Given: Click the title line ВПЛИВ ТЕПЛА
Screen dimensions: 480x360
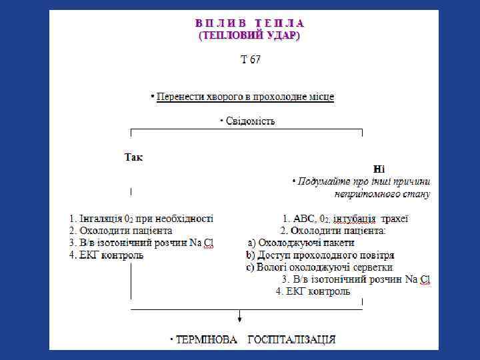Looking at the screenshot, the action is pyautogui.click(x=249, y=23).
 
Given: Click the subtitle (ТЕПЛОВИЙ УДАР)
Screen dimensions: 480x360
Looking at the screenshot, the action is pyautogui.click(x=249, y=35).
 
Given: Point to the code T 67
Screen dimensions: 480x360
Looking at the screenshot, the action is pyautogui.click(x=251, y=60).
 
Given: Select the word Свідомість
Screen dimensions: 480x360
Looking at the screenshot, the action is pyautogui.click(x=250, y=121).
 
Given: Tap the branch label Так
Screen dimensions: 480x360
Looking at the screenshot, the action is pyautogui.click(x=133, y=158).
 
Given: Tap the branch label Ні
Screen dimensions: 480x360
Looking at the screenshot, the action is pyautogui.click(x=379, y=169).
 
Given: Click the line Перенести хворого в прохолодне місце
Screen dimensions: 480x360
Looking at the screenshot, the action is pyautogui.click(x=245, y=97).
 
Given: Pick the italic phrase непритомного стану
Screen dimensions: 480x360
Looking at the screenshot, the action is pyautogui.click(x=382, y=195).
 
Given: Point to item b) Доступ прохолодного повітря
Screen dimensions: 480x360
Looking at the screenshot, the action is pyautogui.click(x=320, y=255).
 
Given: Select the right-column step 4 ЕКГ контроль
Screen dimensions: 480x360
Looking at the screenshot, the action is pyautogui.click(x=313, y=291).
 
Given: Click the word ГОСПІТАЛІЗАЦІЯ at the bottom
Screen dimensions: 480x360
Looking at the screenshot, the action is pyautogui.click(x=291, y=339).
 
